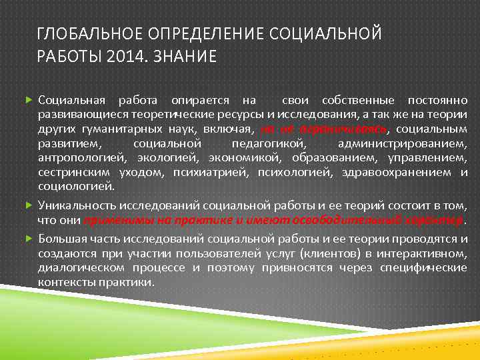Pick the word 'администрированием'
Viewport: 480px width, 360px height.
coord(403,144)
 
